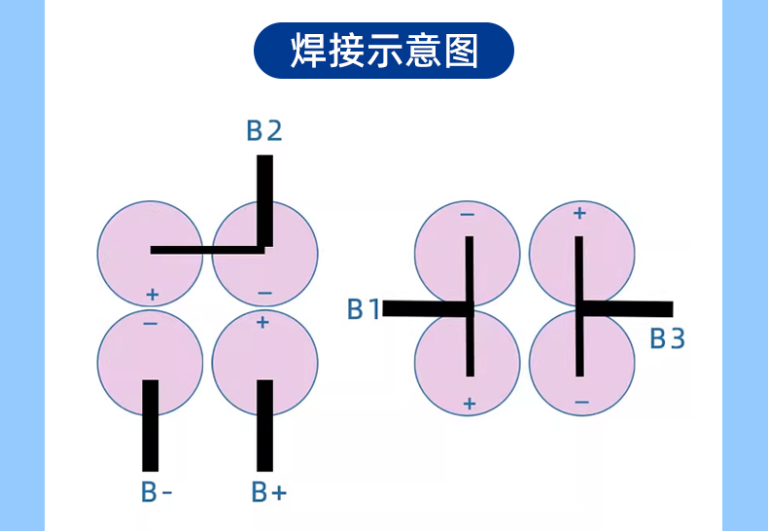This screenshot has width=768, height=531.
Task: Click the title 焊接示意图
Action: coord(384,51)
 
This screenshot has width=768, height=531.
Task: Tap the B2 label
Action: coord(263,130)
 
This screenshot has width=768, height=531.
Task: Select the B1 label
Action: coord(363,309)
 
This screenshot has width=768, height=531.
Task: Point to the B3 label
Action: coord(667,338)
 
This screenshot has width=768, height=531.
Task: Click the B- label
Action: coord(156,492)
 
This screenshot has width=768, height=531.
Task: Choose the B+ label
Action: coord(269,492)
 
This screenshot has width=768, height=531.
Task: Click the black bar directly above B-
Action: coord(150,424)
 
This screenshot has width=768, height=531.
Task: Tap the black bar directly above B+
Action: coord(264,424)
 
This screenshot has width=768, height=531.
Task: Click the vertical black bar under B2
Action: coord(264,199)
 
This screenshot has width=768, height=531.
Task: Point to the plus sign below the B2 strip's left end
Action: coord(151,294)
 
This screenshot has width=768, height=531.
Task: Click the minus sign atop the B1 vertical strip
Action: coord(468,215)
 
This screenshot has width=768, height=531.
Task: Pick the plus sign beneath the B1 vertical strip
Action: coord(470,403)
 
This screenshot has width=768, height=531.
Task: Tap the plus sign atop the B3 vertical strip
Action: coord(579,213)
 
